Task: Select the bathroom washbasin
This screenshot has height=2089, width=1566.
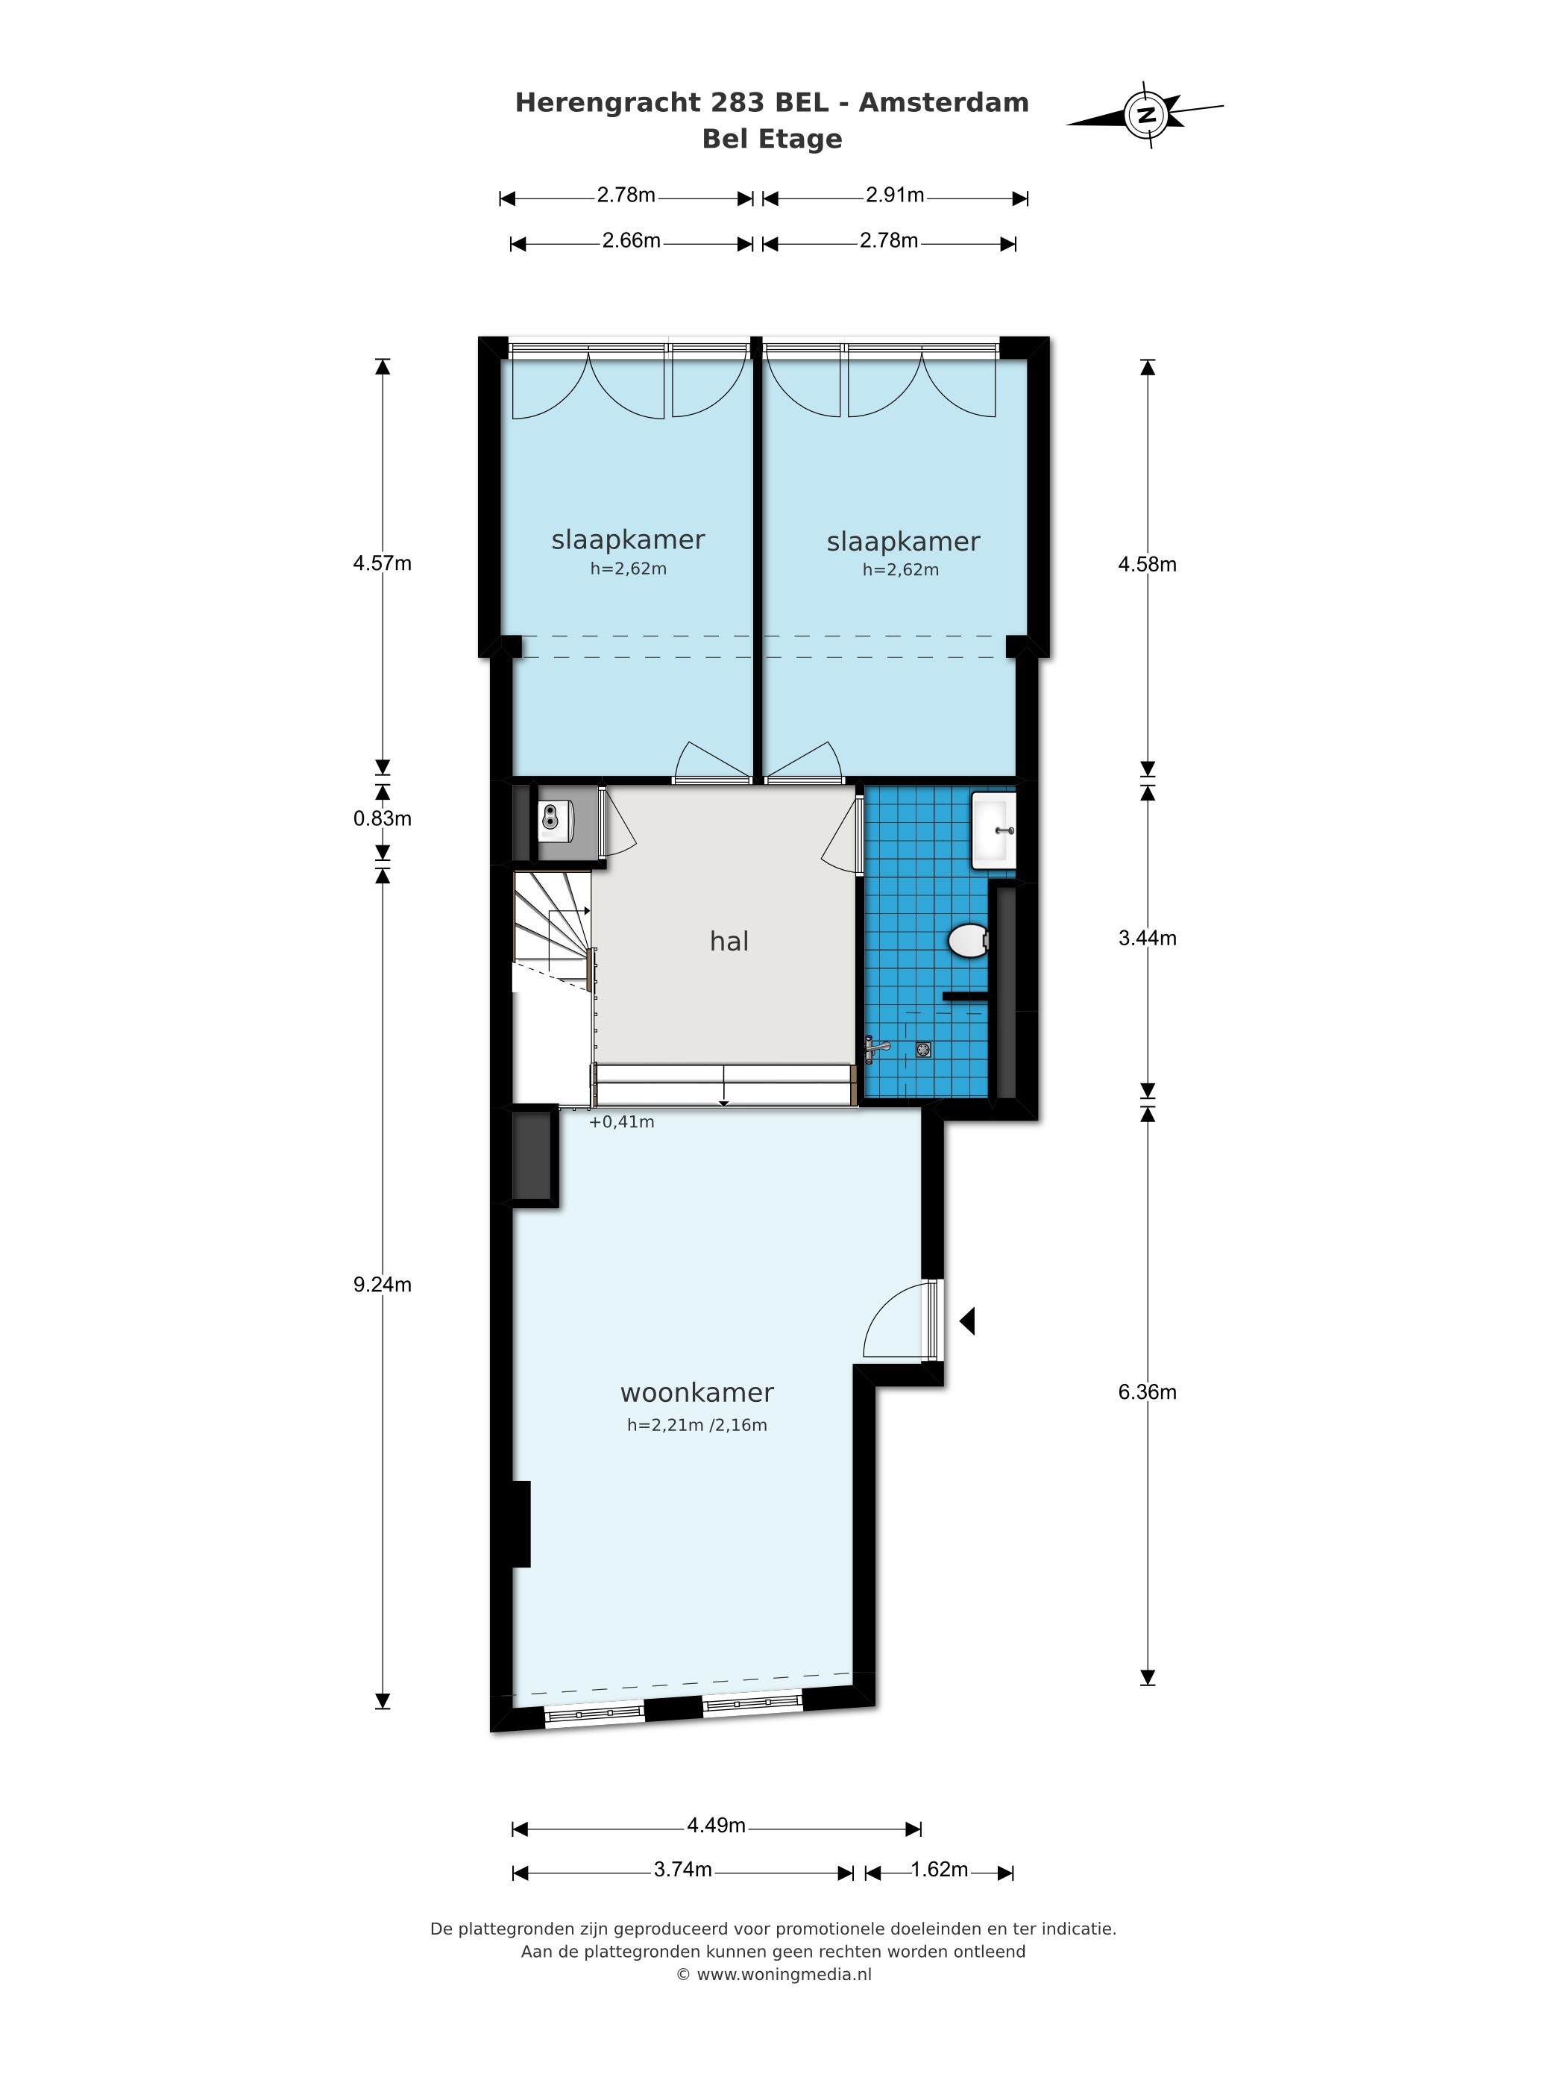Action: pos(994,830)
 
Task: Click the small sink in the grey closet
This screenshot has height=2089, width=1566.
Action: pos(555,820)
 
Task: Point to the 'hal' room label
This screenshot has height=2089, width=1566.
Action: pos(729,941)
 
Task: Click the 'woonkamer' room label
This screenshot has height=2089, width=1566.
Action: pos(696,1392)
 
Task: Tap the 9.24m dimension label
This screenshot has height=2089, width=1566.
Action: pos(383,1285)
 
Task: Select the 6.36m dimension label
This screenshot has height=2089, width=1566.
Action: pos(1147,1391)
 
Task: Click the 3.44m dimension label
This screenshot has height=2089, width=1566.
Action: pos(1147,938)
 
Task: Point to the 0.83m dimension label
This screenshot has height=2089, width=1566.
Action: pos(383,818)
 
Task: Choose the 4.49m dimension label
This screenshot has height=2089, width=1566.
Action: pos(715,1826)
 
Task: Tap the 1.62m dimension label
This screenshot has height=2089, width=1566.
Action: pos(939,1870)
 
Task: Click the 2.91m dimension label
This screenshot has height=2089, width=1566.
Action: pos(895,195)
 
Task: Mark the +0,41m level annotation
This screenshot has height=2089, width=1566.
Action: pos(621,1122)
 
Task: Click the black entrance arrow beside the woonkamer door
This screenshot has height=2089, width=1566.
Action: pos(966,1321)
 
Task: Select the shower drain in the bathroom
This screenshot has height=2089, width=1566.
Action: pos(923,1048)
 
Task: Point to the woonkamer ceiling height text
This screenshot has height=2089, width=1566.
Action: pos(696,1425)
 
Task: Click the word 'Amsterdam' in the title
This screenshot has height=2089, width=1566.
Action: pos(943,102)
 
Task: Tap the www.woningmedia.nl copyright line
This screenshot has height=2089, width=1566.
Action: pos(773,1975)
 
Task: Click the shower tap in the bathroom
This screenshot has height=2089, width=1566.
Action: pos(876,1047)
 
